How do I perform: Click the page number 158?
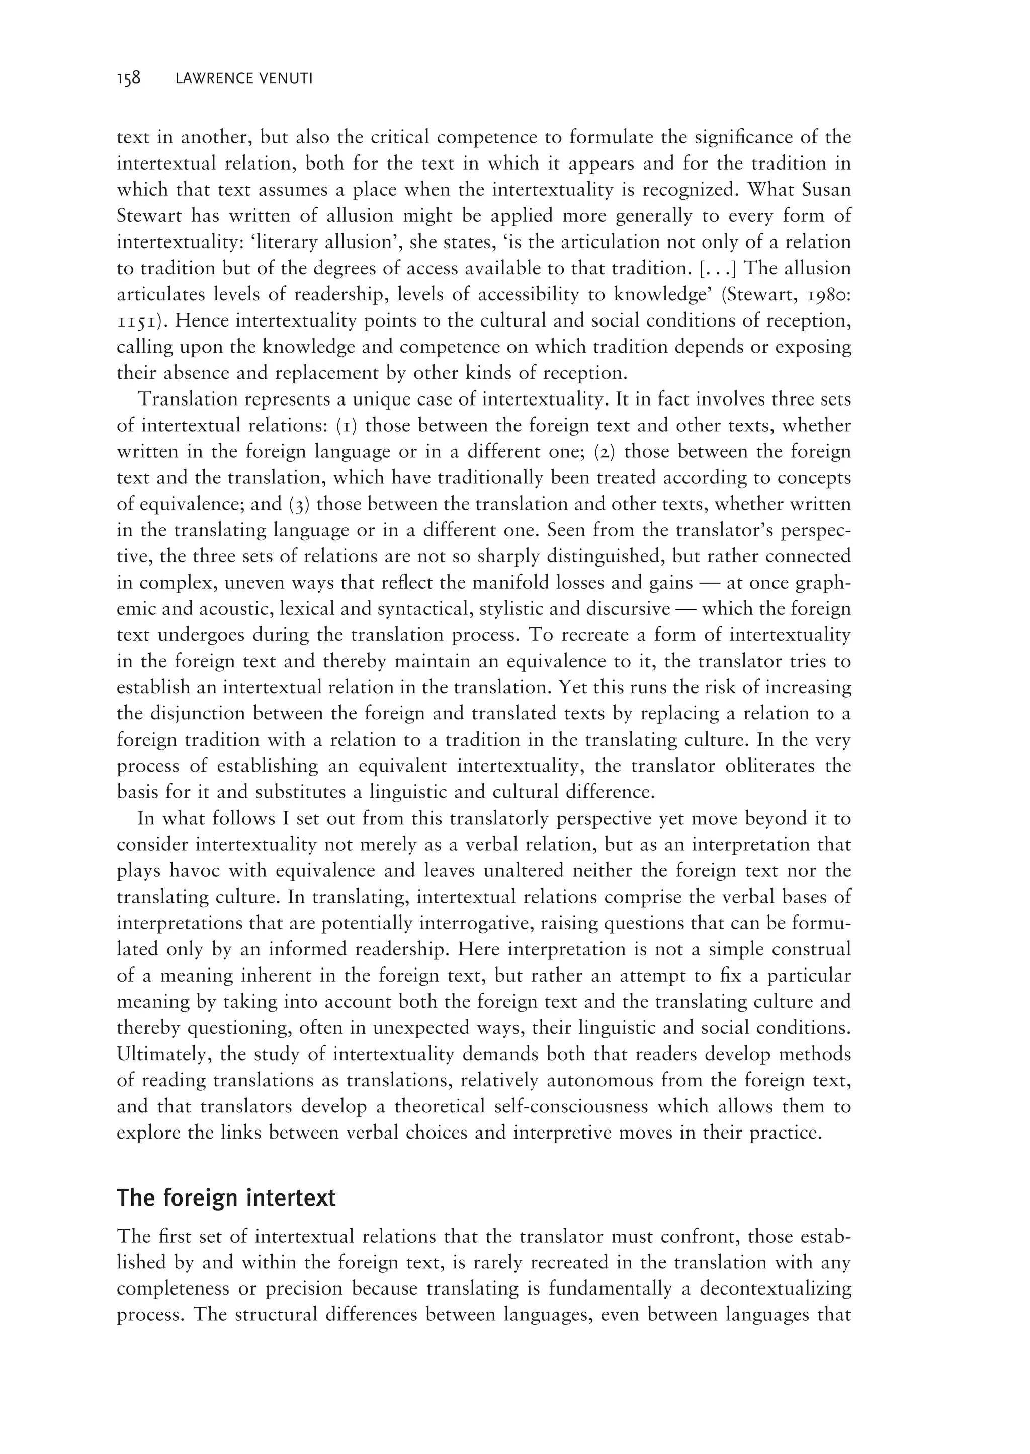pyautogui.click(x=128, y=78)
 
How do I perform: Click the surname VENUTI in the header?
pyautogui.click(x=287, y=79)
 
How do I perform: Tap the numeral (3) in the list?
pyautogui.click(x=300, y=504)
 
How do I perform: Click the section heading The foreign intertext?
pyautogui.click(x=226, y=1198)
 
